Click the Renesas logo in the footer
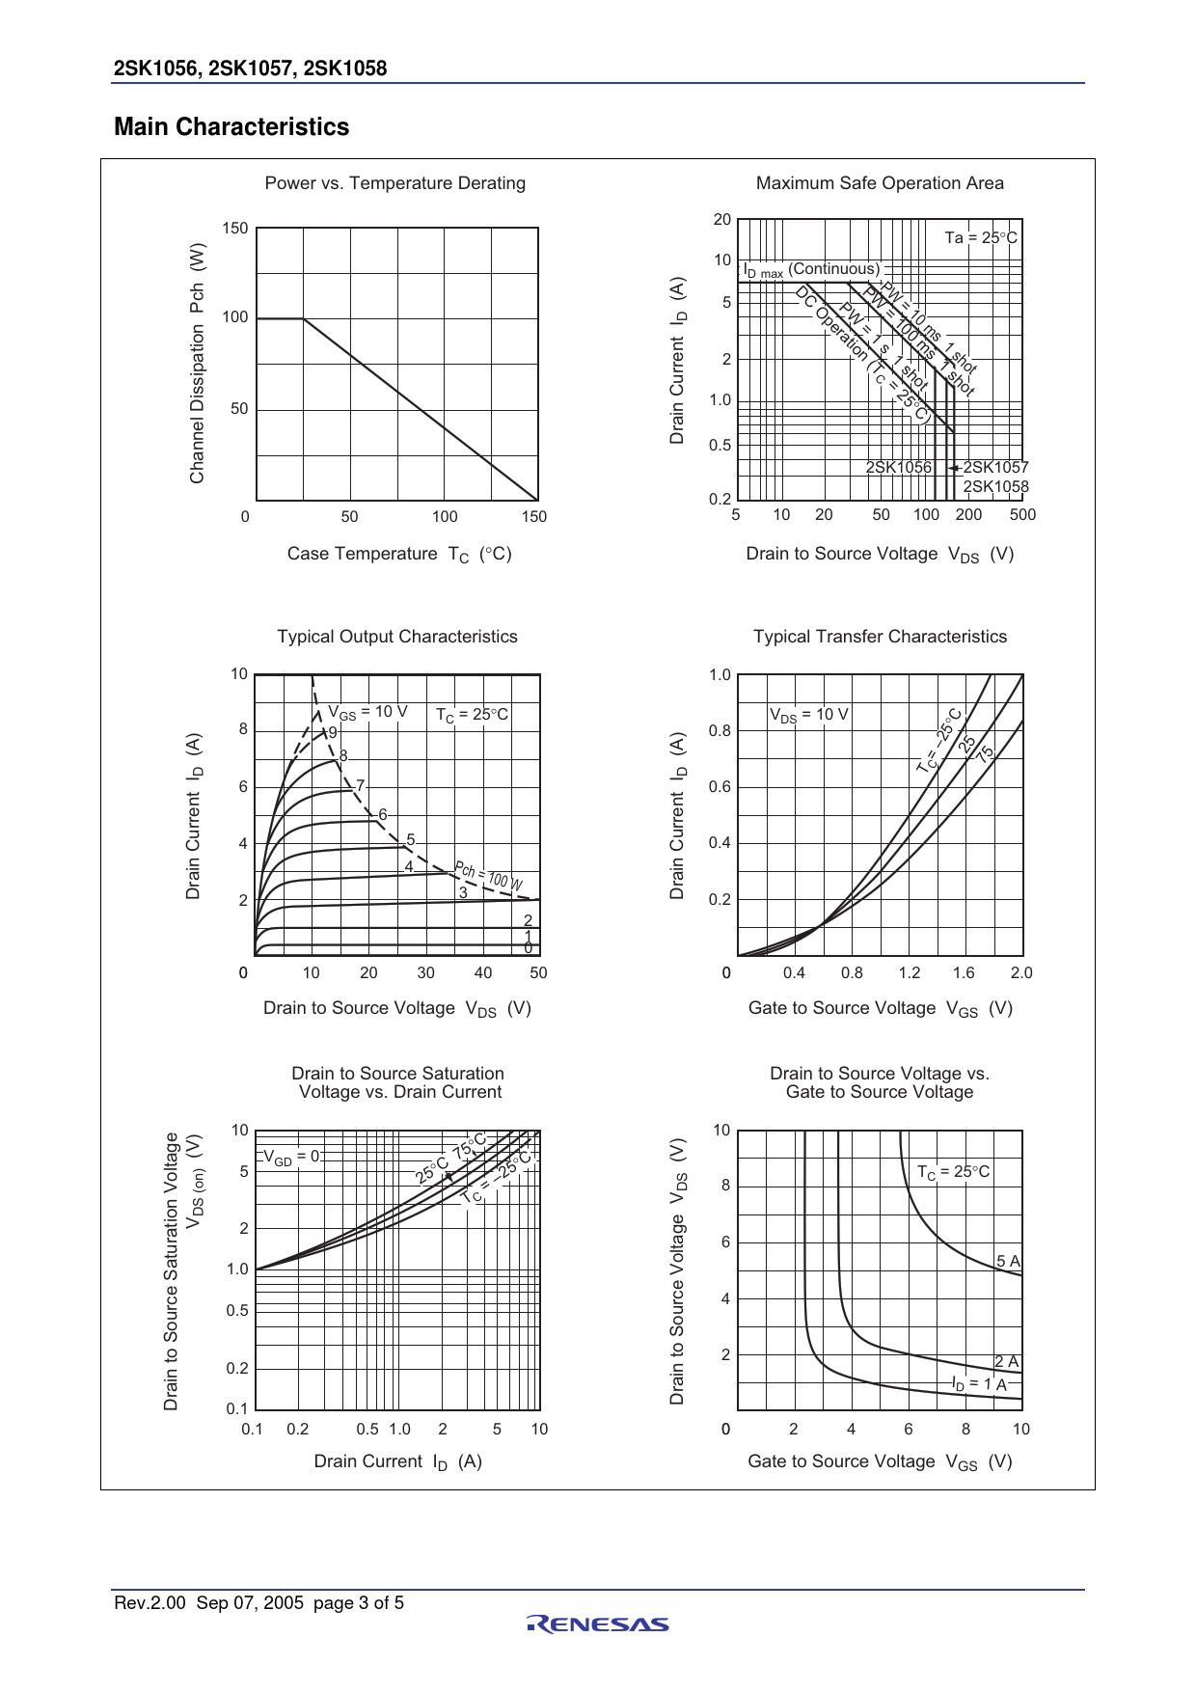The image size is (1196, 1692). tap(598, 1624)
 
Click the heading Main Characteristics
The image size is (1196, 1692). tap(231, 127)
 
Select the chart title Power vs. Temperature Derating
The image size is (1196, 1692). tap(395, 183)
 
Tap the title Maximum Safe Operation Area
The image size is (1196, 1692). tap(880, 183)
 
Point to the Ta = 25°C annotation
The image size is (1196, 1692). tap(981, 237)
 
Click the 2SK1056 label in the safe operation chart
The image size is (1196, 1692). tap(899, 468)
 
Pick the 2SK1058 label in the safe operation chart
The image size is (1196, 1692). tap(995, 487)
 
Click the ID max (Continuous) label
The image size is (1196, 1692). tap(811, 270)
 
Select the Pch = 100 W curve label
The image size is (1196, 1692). tap(489, 876)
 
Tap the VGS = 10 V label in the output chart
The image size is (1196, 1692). tap(367, 712)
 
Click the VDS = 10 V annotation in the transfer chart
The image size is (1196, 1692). tap(808, 715)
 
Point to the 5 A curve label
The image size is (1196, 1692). tap(1008, 1261)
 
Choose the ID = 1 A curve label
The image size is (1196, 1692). tap(979, 1384)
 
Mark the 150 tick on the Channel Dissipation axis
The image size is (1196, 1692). tap(235, 229)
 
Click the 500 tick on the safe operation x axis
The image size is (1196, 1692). tap(1022, 515)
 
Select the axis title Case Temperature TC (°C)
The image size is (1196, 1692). tap(399, 554)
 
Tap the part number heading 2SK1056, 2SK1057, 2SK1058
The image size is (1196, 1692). tap(251, 68)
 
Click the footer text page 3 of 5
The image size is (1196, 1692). tap(359, 1603)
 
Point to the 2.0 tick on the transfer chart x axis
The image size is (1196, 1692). tap(1021, 973)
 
